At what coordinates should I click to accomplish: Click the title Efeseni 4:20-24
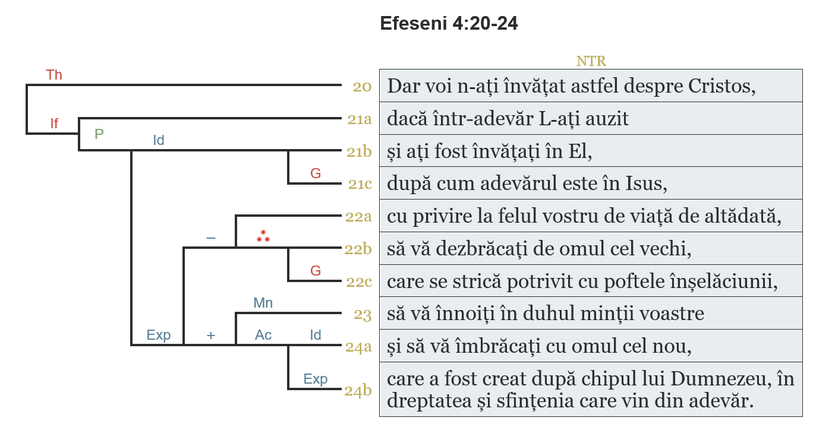(449, 24)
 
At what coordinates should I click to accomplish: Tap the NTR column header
(591, 61)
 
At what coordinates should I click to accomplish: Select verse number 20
(362, 87)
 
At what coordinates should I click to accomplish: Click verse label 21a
(360, 119)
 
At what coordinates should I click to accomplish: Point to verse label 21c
(360, 184)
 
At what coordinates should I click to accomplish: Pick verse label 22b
(358, 249)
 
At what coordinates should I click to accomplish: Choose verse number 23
(363, 314)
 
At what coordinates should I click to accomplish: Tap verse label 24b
(358, 391)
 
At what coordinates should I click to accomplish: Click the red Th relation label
(54, 75)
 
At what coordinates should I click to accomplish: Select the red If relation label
(54, 124)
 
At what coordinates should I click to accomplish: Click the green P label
(99, 134)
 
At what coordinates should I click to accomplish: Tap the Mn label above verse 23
(263, 303)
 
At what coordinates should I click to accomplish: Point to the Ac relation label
(263, 335)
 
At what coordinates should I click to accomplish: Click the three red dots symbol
(263, 236)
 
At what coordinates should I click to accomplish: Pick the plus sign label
(210, 336)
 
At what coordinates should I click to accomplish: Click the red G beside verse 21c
(316, 173)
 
